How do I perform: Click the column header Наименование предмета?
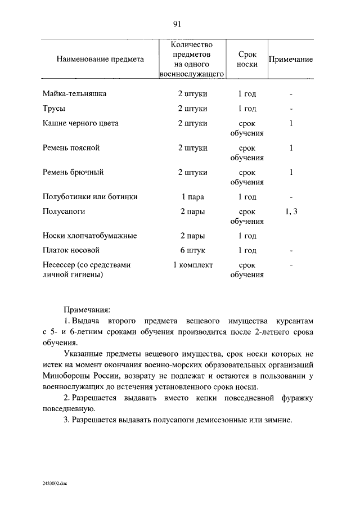pyautogui.click(x=100, y=59)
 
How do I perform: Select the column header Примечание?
pyautogui.click(x=290, y=59)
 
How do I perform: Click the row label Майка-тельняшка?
pyautogui.click(x=74, y=93)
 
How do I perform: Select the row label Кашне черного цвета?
pyautogui.click(x=80, y=123)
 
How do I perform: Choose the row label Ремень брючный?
pyautogui.click(x=73, y=172)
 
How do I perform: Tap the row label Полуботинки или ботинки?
pyautogui.click(x=90, y=197)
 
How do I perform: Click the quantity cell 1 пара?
pyautogui.click(x=192, y=197)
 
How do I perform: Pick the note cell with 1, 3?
pyautogui.click(x=291, y=211)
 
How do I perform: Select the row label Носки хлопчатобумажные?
pyautogui.click(x=89, y=236)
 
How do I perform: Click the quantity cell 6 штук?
pyautogui.click(x=192, y=250)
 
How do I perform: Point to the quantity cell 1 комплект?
pyautogui.click(x=192, y=265)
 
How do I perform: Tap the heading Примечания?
pyautogui.click(x=87, y=309)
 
